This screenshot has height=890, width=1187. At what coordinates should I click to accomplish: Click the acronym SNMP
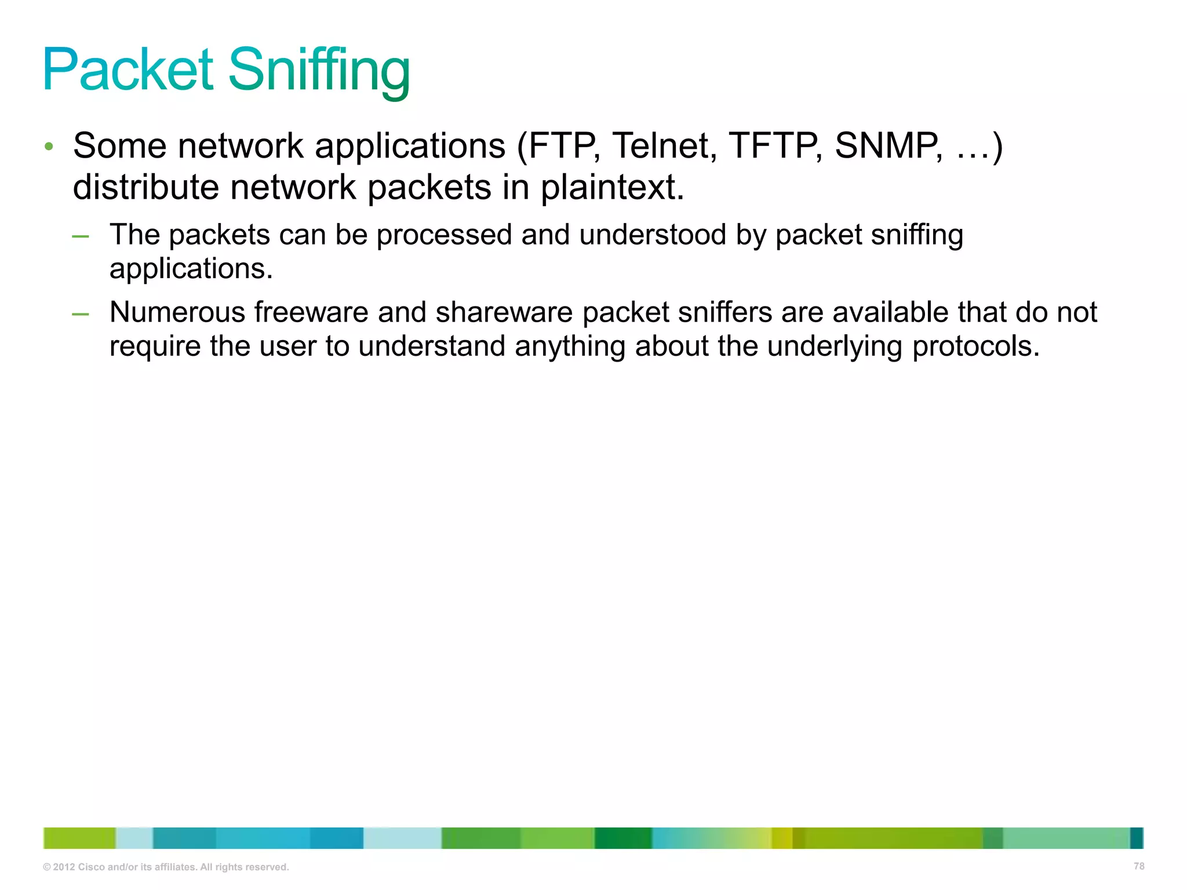click(887, 145)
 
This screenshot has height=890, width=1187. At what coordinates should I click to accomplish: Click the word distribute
click(145, 187)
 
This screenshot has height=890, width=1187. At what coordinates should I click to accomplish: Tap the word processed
click(444, 236)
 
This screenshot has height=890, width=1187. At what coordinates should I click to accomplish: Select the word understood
click(653, 235)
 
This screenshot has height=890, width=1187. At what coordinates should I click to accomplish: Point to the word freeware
click(311, 312)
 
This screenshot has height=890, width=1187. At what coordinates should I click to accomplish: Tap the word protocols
click(976, 347)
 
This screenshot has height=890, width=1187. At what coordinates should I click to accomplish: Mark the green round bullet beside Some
click(49, 146)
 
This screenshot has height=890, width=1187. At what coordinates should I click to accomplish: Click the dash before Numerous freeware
click(81, 314)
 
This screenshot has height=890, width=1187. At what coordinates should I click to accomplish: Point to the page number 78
click(1138, 866)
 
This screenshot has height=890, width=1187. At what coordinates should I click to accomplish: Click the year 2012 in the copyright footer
click(64, 867)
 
